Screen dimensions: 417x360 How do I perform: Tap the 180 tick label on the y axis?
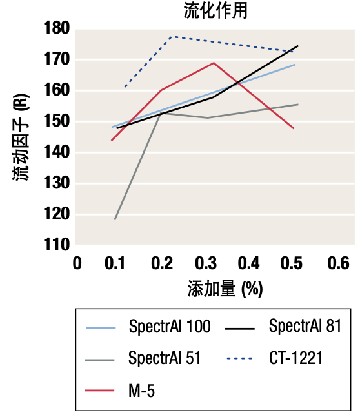(x=57, y=28)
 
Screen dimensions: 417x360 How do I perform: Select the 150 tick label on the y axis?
(x=57, y=121)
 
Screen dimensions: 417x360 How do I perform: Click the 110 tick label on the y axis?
(x=57, y=245)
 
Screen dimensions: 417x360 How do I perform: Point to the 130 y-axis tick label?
(x=57, y=183)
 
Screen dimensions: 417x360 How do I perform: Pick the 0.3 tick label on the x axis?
(x=206, y=263)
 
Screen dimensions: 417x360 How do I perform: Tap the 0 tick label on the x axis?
(x=77, y=263)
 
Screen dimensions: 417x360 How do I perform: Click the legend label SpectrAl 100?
(x=169, y=327)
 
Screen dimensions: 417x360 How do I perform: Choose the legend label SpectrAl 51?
(x=165, y=358)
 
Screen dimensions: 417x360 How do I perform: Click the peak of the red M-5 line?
(x=214, y=63)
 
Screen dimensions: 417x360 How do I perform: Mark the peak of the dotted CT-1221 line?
(x=173, y=36)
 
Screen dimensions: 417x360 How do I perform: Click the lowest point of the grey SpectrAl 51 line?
(x=115, y=219)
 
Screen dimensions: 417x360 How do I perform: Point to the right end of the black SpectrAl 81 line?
(x=298, y=46)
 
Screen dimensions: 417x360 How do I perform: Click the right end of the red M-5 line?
(x=294, y=128)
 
